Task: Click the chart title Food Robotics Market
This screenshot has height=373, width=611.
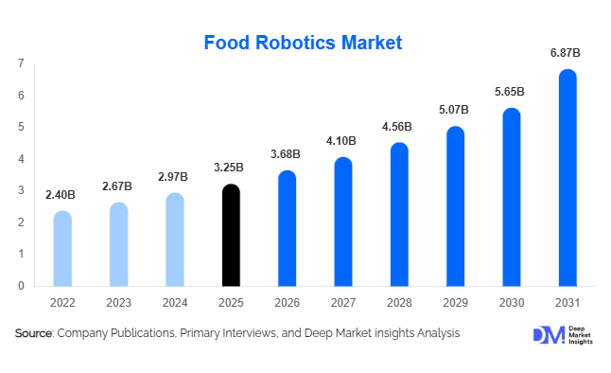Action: coord(304,43)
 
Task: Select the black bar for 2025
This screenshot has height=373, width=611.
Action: coord(231,237)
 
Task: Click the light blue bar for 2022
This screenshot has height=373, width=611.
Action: coord(62,249)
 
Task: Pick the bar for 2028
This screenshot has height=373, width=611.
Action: coord(399,215)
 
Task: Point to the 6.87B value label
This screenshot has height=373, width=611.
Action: coord(566,54)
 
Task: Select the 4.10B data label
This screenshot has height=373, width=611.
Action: coord(342,141)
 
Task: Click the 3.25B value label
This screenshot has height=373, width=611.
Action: coord(230,168)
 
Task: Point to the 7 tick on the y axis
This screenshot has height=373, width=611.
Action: coord(21,63)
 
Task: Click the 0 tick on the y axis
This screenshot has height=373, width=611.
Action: coord(21,285)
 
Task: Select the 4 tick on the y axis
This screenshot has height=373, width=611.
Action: coord(21,159)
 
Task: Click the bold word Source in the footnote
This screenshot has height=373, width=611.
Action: coord(33,333)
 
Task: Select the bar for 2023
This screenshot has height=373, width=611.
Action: coord(118,244)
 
